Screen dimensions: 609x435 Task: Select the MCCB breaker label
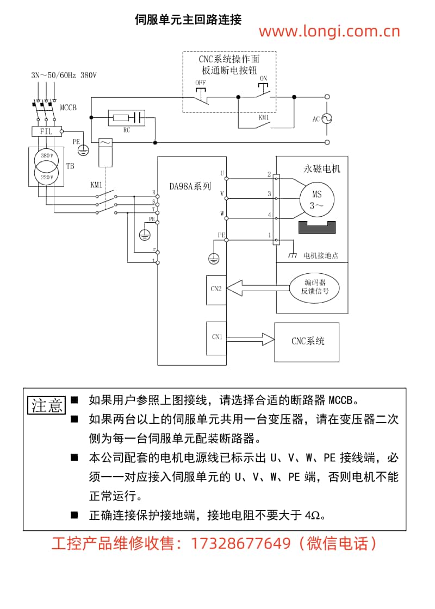pos(69,108)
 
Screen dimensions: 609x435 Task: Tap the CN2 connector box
pos(216,289)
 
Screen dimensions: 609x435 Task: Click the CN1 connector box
pos(216,338)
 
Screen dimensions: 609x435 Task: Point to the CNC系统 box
pos(307,342)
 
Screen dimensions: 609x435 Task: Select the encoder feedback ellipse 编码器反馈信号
pos(315,287)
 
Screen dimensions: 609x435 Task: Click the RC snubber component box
pos(127,117)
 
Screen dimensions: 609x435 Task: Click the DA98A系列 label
pos(189,186)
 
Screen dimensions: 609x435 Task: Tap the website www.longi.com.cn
pos(329,32)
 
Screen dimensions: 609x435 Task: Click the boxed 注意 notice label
pos(47,405)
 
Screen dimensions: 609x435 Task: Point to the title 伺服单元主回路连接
pos(188,20)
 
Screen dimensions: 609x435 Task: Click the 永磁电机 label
pos(321,169)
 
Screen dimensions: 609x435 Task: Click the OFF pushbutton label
pos(200,83)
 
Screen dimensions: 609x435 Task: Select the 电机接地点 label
pos(321,255)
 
